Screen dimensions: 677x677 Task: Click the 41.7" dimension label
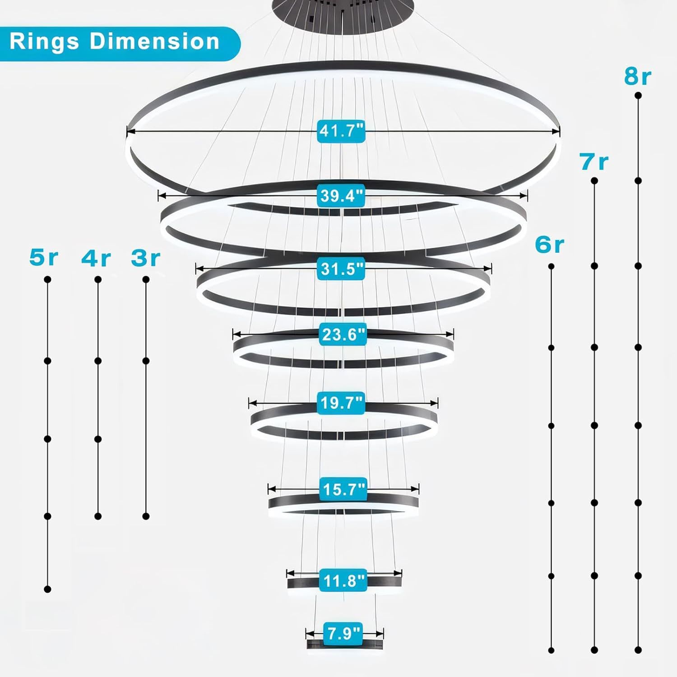[341, 131]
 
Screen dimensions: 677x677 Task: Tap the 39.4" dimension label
[341, 196]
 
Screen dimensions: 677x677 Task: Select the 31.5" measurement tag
[341, 269]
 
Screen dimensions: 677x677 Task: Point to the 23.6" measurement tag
[343, 335]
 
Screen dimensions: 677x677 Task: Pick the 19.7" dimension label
[342, 403]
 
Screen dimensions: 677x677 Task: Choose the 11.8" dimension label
[343, 580]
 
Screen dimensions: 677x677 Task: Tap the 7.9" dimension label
[343, 633]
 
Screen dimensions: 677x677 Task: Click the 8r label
[637, 77]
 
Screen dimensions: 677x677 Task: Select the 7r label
[594, 162]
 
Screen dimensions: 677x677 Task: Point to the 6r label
[549, 245]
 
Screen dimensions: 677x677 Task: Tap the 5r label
[44, 257]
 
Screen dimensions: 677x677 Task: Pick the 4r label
[96, 258]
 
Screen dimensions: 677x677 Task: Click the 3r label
[145, 258]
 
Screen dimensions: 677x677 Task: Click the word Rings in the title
[44, 42]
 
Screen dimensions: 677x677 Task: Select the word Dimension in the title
[154, 42]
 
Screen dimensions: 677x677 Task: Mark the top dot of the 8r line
[638, 96]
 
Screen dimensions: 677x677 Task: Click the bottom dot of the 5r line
[47, 589]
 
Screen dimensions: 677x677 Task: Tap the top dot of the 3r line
[146, 280]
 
